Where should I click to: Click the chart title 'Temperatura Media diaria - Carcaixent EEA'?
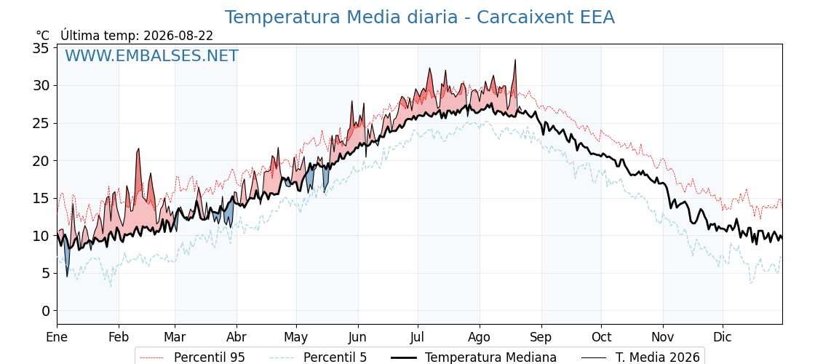(x=420, y=17)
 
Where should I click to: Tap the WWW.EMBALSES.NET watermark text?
(x=152, y=55)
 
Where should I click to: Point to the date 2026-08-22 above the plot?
(x=178, y=36)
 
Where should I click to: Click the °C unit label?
(x=43, y=36)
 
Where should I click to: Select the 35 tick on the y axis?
(x=41, y=48)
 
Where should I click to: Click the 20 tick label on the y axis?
(x=41, y=161)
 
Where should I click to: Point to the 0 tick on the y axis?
(x=45, y=311)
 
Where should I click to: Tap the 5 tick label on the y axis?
(x=45, y=274)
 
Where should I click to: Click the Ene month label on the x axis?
(x=57, y=337)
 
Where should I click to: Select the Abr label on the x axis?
(x=236, y=337)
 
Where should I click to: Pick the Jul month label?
(x=418, y=337)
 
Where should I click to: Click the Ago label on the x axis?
(x=480, y=337)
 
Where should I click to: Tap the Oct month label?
(x=601, y=337)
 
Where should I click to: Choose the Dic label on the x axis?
(x=723, y=337)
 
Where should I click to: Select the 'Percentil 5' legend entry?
(x=318, y=357)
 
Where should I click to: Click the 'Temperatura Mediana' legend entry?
(x=474, y=357)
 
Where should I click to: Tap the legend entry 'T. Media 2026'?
(x=641, y=357)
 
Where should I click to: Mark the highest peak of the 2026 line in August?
(x=515, y=60)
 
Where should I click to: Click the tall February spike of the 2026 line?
(x=139, y=149)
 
